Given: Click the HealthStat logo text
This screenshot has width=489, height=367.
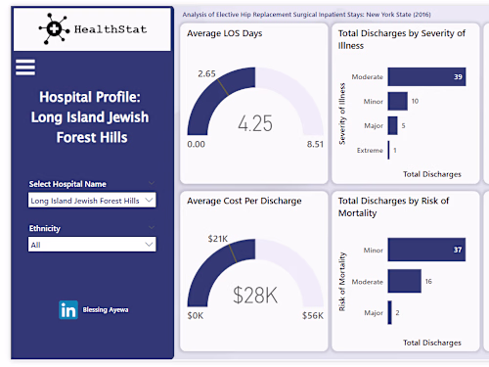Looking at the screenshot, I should (110, 29).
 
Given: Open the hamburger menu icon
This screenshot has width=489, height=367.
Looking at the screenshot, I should (25, 68).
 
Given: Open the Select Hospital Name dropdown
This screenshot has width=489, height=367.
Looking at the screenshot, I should (92, 200).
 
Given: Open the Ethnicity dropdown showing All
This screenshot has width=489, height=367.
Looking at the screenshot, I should (92, 245).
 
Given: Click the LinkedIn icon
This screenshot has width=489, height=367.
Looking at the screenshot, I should (69, 310).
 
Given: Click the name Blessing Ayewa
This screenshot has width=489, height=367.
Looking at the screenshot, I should (107, 310).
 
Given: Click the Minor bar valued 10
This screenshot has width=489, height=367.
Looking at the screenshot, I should (397, 101).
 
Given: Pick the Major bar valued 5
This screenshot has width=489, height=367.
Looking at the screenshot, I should (392, 125).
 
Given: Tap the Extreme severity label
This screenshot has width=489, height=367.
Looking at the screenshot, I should (369, 150).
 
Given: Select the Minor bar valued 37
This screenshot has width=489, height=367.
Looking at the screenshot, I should (412, 251).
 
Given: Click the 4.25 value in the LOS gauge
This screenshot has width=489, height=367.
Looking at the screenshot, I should (255, 124).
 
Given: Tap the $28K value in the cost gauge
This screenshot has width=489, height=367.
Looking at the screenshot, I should (255, 294).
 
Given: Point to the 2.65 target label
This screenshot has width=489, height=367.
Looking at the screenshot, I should (206, 73).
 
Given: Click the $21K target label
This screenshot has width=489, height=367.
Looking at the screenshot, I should (216, 238).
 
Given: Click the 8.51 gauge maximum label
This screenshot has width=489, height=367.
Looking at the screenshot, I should (314, 145).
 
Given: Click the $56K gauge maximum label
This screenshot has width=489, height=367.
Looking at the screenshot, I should (313, 315).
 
